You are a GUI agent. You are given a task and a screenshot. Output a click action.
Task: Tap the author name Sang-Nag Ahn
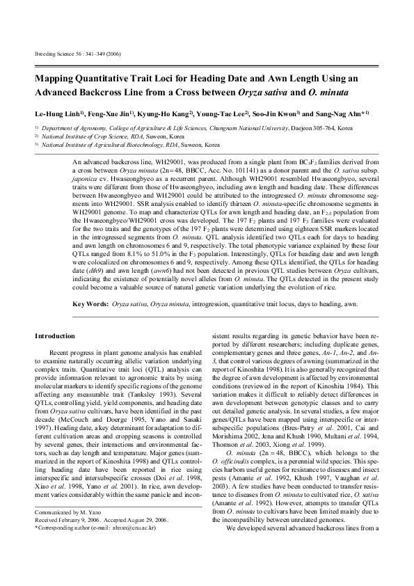click(x=342, y=112)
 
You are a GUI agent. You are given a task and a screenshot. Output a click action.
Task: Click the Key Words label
click(x=90, y=304)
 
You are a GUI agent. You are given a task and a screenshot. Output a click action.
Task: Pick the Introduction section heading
click(x=54, y=336)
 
